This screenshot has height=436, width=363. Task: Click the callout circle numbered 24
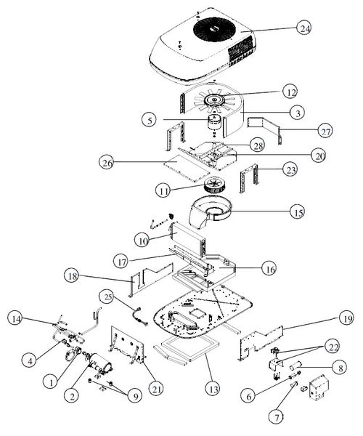(x=304, y=28)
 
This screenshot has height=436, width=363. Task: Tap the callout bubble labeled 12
(x=290, y=92)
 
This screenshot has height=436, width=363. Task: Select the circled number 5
(x=150, y=120)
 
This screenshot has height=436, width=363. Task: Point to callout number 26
(x=107, y=162)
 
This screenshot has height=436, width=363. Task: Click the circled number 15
(x=298, y=212)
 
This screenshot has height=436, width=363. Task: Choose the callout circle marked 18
(x=72, y=276)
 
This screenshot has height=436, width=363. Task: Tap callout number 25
(x=108, y=297)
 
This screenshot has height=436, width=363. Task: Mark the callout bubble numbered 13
(x=213, y=389)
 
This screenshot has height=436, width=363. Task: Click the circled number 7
(x=277, y=416)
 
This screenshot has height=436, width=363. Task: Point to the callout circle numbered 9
(x=135, y=396)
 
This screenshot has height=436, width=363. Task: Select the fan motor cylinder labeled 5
(x=214, y=126)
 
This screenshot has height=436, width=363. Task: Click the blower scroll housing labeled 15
(x=210, y=212)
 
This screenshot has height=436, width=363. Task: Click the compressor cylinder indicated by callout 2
(x=102, y=363)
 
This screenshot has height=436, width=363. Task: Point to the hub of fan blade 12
(x=214, y=100)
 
